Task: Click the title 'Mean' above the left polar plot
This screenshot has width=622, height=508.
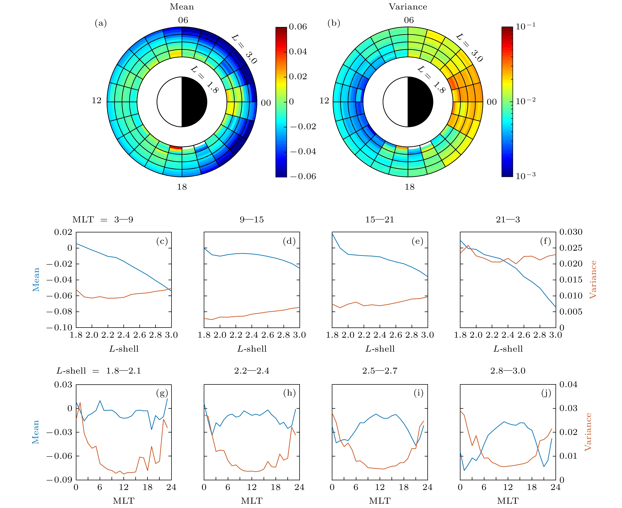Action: [x=182, y=7]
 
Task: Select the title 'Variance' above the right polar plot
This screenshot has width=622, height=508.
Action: [x=408, y=7]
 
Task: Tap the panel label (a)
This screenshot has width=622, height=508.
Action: [x=101, y=23]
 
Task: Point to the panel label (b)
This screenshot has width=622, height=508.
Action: [x=334, y=23]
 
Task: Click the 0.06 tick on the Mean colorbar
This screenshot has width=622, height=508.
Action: [x=298, y=27]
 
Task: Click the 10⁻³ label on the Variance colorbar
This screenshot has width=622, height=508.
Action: [x=526, y=176]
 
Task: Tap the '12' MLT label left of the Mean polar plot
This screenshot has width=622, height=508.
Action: [x=96, y=101]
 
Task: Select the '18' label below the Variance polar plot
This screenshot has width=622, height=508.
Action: [x=410, y=187]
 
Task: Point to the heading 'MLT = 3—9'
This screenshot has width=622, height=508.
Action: [x=103, y=219]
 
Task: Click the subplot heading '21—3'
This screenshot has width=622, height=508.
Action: [x=508, y=219]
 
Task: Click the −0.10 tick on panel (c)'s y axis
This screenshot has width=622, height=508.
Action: [x=59, y=327]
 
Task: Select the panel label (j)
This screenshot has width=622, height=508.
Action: [x=546, y=393]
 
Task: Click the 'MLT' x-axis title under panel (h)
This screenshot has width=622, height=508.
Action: [x=252, y=501]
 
